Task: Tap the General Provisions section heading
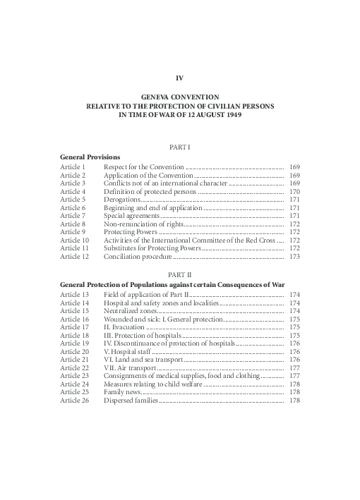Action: coord(90,156)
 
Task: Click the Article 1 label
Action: coord(73,166)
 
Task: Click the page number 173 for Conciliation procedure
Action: coord(295,257)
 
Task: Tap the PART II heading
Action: coord(179,273)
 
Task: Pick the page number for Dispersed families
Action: coord(295,401)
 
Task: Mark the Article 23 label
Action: coord(74,377)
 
